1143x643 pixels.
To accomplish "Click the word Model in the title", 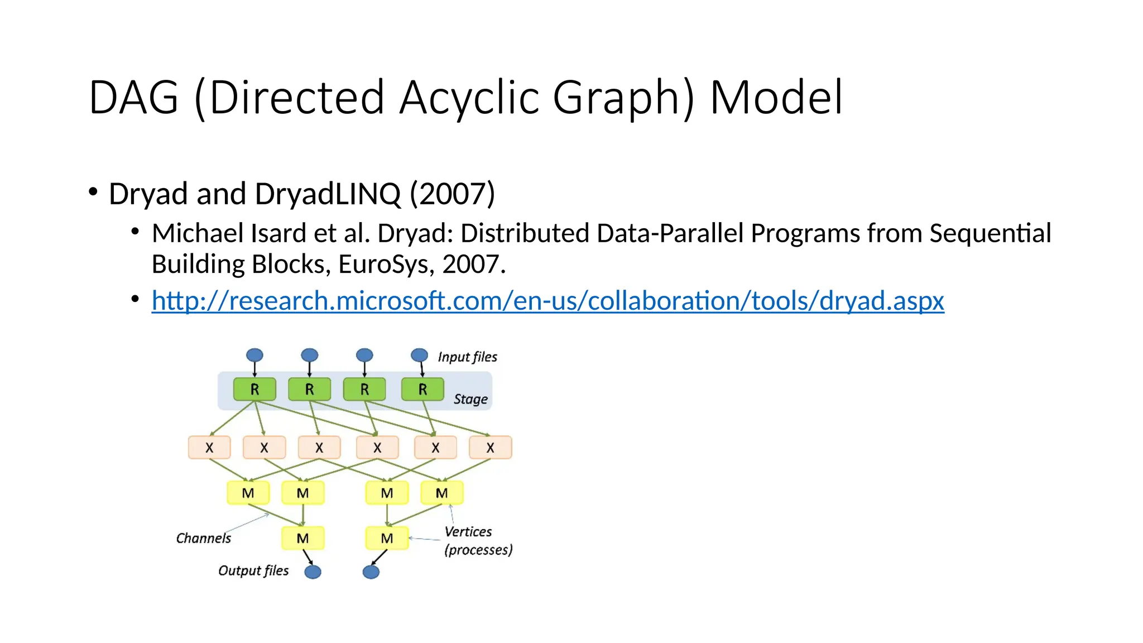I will click(776, 98).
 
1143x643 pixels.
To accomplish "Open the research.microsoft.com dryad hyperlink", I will click(548, 301).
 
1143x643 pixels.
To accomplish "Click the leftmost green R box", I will click(254, 389).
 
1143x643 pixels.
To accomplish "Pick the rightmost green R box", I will click(422, 389).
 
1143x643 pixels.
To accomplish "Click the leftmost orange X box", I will click(209, 448).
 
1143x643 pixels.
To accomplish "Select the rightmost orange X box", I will click(490, 448).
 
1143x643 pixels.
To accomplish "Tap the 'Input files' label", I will click(467, 357).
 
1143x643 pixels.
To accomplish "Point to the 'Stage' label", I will click(470, 399).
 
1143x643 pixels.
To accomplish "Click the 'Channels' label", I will click(203, 538).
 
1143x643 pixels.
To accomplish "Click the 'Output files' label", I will click(253, 570).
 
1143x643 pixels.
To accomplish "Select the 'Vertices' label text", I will click(468, 531).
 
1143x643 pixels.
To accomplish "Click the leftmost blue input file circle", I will click(254, 355).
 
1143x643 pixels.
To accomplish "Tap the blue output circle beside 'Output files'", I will click(313, 572).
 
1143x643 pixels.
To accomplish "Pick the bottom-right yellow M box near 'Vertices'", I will click(387, 538).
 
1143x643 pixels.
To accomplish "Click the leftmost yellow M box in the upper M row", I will click(248, 493).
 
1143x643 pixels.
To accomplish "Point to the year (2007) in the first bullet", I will click(453, 194).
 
